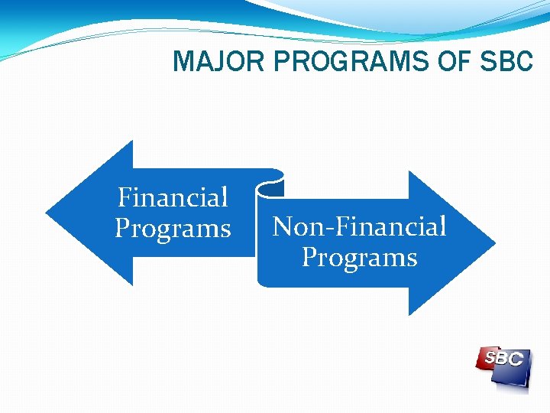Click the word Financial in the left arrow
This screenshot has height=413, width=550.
tap(173, 198)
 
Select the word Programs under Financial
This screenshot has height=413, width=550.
tap(173, 229)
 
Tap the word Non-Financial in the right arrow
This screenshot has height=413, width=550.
tap(359, 226)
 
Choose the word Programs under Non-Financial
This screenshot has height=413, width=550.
tap(359, 257)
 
